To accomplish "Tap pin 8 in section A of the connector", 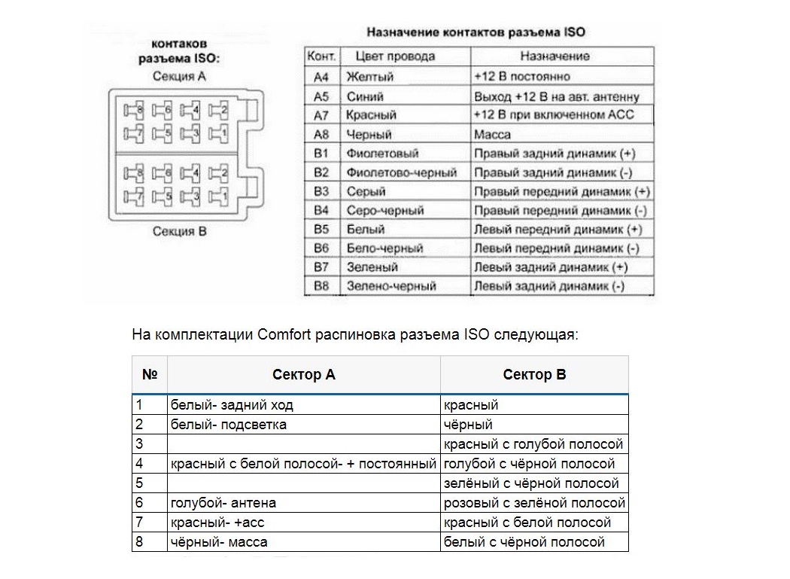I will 134,111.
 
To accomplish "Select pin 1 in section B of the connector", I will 219,198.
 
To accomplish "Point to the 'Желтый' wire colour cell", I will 369,76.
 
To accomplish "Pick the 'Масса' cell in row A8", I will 493,135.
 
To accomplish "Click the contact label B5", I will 321,229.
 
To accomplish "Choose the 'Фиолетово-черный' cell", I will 401,172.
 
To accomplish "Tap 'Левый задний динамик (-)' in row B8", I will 549,286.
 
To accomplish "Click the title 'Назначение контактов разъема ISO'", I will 475,32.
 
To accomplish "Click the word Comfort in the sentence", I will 284,334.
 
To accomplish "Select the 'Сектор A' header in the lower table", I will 303,375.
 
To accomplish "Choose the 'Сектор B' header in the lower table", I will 534,375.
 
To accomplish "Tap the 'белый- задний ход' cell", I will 232,405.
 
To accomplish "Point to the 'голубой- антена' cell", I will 223,503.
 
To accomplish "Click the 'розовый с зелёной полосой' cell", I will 534,503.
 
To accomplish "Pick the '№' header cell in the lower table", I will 149,375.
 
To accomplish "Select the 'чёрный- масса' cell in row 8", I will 219,542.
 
